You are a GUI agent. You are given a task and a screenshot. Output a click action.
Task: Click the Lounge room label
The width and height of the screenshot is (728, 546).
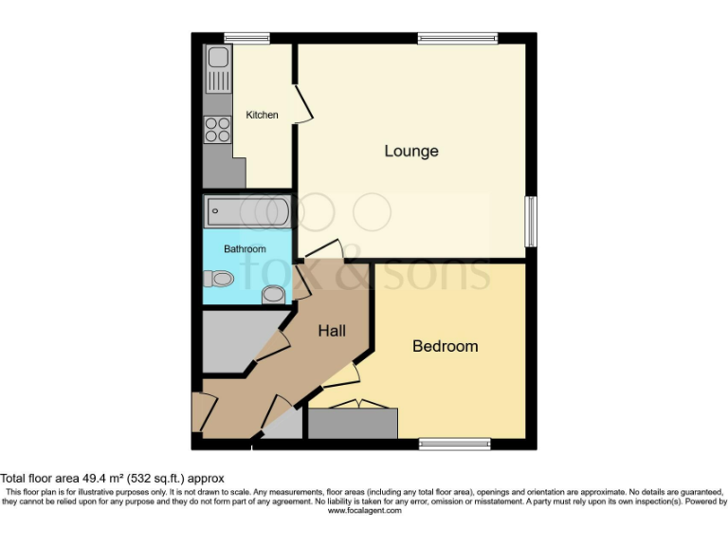click(411, 151)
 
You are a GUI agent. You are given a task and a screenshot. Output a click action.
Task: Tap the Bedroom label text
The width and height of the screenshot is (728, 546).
click(445, 346)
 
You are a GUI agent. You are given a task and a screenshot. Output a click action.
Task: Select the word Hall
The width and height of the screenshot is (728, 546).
click(331, 331)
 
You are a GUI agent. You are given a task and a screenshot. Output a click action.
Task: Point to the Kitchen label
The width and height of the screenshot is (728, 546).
click(263, 115)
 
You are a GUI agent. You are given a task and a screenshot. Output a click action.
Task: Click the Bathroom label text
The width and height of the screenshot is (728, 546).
click(245, 249)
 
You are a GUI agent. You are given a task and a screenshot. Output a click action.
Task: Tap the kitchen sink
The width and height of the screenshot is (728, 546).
click(217, 66)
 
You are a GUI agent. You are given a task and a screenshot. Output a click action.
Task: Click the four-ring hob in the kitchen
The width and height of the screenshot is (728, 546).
click(217, 129)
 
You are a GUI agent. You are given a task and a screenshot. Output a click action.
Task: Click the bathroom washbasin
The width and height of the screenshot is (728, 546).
click(274, 294)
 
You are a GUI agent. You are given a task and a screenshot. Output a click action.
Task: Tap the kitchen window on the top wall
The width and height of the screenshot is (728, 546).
click(246, 38)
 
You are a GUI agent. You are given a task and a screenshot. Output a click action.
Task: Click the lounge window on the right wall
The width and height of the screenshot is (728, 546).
click(531, 221)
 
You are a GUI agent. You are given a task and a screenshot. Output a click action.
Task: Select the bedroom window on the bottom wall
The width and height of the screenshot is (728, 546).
click(455, 442)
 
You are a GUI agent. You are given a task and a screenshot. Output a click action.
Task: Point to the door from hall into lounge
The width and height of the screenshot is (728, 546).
click(322, 249)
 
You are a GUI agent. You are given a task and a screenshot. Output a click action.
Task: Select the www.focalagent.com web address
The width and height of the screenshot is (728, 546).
click(364, 510)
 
